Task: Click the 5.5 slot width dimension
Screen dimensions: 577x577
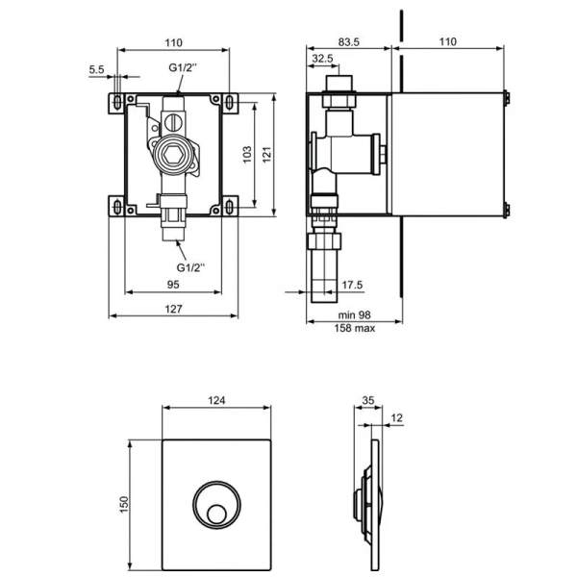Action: (x=96, y=70)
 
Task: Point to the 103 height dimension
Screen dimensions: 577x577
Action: (x=247, y=152)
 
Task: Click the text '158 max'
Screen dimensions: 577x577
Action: (x=354, y=328)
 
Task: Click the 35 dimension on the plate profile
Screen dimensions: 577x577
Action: (x=367, y=402)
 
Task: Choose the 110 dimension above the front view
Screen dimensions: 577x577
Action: (x=174, y=42)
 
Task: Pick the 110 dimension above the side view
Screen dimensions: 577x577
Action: (x=448, y=42)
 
